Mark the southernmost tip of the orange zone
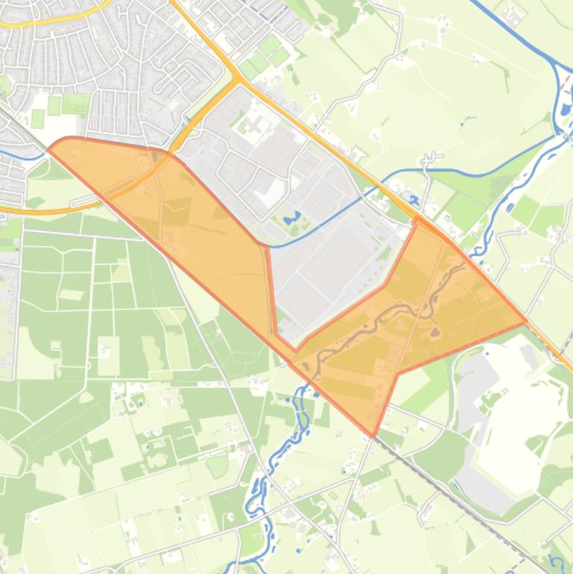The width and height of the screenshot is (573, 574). click(373, 435)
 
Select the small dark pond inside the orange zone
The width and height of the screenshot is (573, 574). click(434, 332)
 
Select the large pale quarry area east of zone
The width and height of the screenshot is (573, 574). click(522, 417)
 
